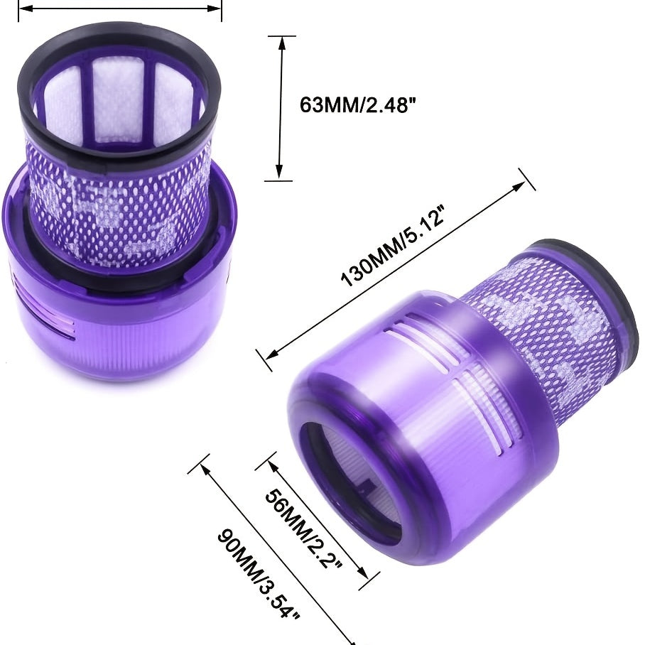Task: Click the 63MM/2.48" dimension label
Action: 357,105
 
